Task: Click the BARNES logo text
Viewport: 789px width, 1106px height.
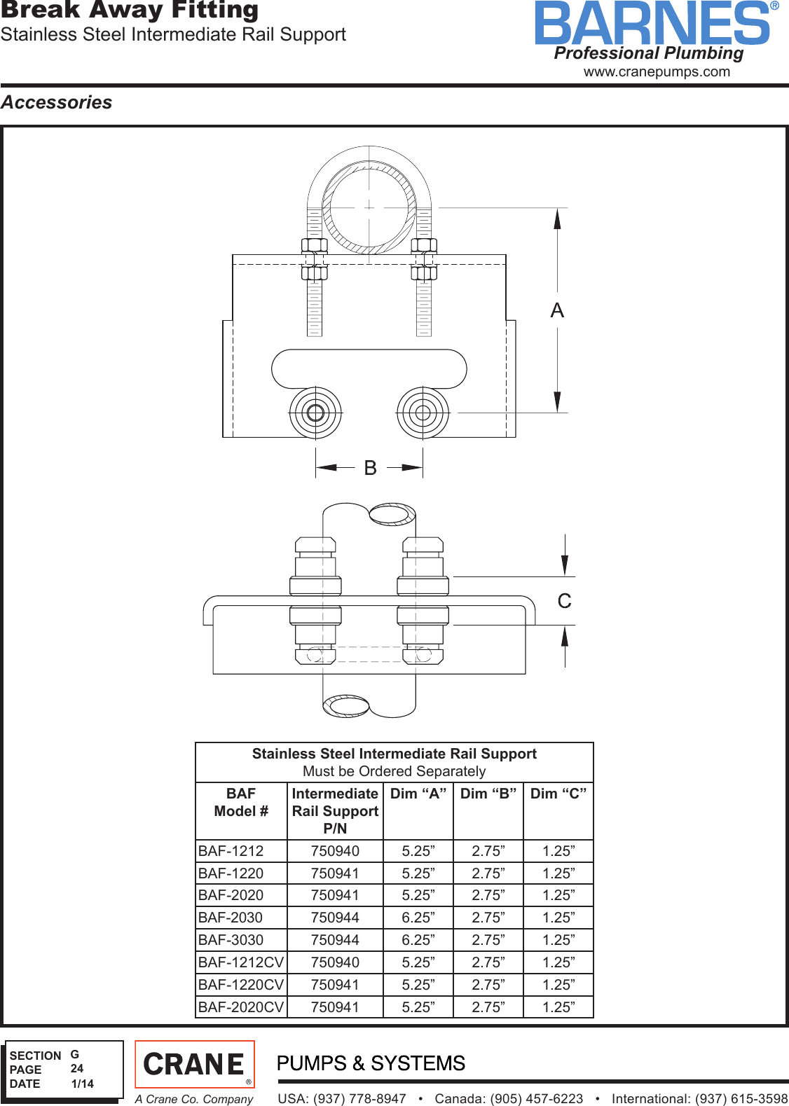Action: (652, 24)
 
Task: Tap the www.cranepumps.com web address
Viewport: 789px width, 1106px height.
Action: (657, 71)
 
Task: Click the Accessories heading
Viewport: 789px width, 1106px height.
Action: (57, 102)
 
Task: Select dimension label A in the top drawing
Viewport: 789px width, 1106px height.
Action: (557, 310)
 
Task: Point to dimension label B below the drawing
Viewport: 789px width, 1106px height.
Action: (370, 467)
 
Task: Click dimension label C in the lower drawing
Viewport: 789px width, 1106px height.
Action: (564, 601)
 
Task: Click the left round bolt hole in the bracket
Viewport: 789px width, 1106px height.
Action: (315, 413)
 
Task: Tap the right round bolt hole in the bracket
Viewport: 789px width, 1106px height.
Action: (423, 413)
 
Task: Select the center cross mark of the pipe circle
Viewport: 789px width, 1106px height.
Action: (369, 207)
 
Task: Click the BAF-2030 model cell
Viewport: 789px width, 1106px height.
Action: (231, 918)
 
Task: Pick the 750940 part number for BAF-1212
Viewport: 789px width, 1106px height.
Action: (335, 851)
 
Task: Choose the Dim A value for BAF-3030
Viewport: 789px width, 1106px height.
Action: (418, 940)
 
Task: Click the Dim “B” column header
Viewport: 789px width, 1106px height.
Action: (488, 794)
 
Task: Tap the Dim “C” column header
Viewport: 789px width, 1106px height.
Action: (558, 794)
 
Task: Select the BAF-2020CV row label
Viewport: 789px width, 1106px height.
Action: (240, 1007)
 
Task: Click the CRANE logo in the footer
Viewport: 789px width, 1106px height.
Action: (194, 1065)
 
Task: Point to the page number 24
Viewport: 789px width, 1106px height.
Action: (77, 1069)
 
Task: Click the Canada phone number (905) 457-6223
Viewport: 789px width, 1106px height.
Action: (509, 1098)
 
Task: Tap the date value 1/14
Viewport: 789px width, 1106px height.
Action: (83, 1084)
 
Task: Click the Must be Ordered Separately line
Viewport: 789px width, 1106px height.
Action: (394, 771)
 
